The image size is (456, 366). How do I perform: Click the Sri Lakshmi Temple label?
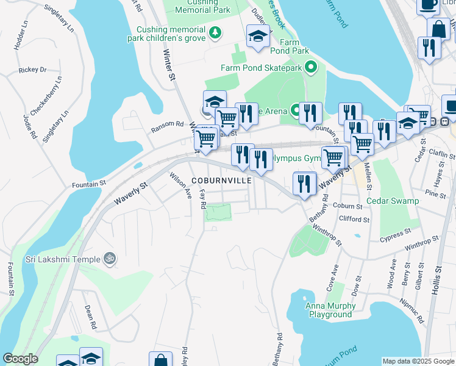pos(62,259)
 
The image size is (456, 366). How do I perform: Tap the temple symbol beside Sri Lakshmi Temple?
pos(110,259)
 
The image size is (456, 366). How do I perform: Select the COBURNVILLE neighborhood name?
pos(221,181)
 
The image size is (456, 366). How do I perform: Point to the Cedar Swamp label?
pos(393,201)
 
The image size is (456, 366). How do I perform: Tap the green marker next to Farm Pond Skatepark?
pos(312,67)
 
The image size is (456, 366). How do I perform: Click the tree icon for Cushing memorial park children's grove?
pos(215,32)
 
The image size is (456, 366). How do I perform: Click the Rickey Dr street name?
pos(32,70)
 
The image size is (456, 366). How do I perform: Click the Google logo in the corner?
pos(20,359)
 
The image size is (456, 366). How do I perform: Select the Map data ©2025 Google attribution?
pos(418,361)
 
